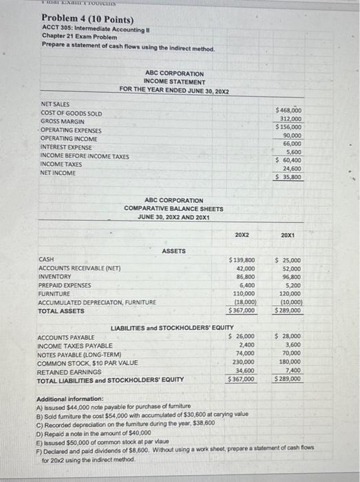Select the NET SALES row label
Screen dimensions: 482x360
pos(55,104)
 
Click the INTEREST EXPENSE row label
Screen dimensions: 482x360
pos(67,147)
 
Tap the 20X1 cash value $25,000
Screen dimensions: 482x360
pos(288,260)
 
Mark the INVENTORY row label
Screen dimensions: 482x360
pos(55,276)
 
